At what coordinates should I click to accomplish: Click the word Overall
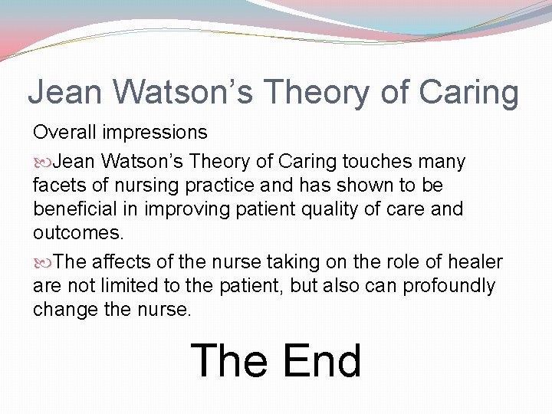64,133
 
